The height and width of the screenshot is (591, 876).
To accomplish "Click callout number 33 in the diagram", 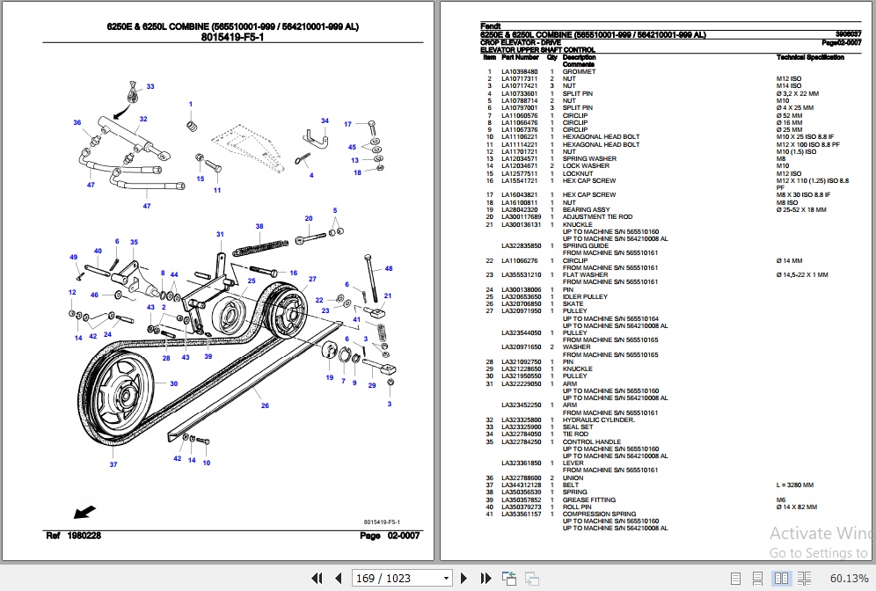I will point(150,86).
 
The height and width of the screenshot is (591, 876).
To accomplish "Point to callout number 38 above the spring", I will point(259,227).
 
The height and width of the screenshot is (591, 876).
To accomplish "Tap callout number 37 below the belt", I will point(113,465).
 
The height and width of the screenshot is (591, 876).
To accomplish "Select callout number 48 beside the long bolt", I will point(388,268).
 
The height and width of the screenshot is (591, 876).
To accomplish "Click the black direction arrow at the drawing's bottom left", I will point(85,510).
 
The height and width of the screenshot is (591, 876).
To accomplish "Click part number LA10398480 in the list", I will point(520,71).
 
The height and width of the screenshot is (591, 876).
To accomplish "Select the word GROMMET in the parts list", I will point(579,71).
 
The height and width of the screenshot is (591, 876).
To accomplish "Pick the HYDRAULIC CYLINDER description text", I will point(598,420).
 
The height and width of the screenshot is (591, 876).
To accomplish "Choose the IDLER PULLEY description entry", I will point(585,296).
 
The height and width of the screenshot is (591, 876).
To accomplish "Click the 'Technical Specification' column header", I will point(810,57).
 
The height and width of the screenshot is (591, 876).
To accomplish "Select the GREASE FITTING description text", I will point(590,500).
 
